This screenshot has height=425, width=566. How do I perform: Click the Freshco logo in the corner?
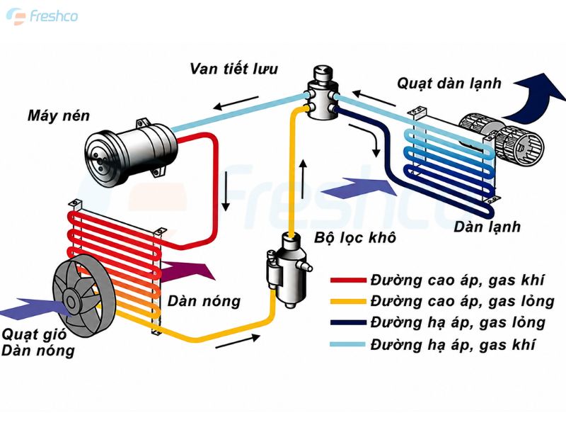click(42, 16)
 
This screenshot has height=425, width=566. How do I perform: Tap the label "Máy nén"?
click(59, 115)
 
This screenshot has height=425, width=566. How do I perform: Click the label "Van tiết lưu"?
click(234, 69)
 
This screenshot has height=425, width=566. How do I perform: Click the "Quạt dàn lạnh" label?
click(449, 84)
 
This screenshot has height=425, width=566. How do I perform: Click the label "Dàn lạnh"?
click(487, 227)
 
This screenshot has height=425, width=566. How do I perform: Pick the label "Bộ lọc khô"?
click(355, 237)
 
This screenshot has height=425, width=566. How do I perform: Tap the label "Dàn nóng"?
click(204, 300)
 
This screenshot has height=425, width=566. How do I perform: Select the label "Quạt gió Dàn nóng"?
click(38, 342)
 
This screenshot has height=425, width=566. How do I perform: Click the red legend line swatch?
click(348, 280)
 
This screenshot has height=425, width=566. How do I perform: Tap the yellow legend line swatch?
click(348, 301)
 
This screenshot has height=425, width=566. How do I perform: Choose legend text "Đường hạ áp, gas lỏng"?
click(458, 322)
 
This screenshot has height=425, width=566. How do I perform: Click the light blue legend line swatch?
click(348, 344)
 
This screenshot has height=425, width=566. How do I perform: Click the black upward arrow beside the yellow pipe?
click(304, 178)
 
